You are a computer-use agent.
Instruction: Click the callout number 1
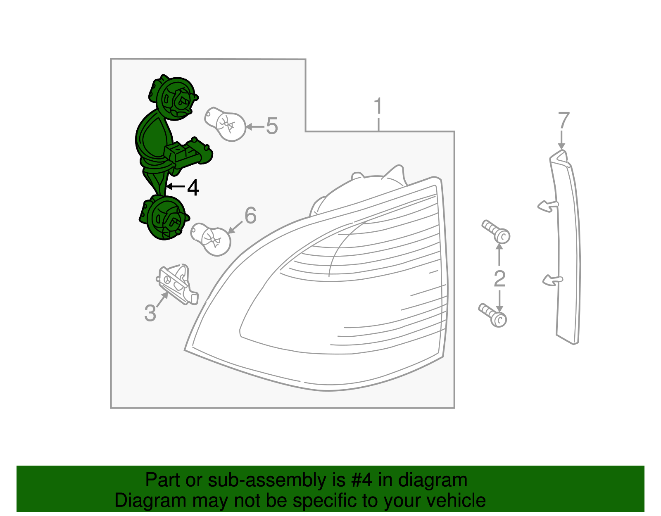tap(378, 106)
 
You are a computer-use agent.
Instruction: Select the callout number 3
tap(150, 313)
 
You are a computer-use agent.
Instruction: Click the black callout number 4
tap(193, 188)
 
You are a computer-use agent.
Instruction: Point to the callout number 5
tap(272, 126)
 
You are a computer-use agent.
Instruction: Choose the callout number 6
tap(250, 216)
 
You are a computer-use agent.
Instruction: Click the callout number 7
tap(564, 120)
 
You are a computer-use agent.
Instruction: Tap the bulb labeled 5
tap(226, 124)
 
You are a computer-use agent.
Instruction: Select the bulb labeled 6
tap(211, 239)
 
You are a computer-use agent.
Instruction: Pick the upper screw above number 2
tap(496, 232)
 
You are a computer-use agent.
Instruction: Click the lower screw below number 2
tap(492, 315)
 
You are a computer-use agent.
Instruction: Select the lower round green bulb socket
tap(164, 217)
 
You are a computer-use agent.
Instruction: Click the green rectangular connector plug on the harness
tap(188, 154)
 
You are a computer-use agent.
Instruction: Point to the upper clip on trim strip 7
tap(548, 207)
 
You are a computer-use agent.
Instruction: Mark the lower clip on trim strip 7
tap(553, 280)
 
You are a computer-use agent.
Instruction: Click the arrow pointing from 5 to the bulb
tap(255, 126)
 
